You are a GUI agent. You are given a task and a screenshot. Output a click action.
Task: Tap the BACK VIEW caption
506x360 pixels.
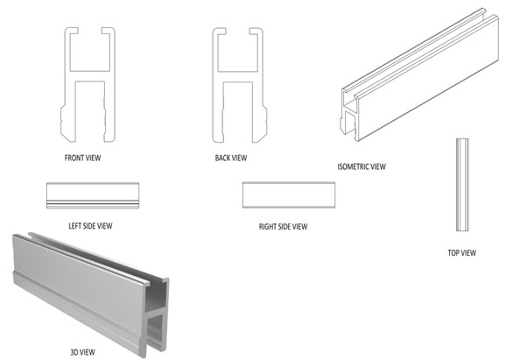coord(231,159)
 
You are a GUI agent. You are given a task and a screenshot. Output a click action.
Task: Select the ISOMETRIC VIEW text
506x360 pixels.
coord(362,166)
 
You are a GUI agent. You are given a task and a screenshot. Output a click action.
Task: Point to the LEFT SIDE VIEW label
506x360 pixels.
coord(90,226)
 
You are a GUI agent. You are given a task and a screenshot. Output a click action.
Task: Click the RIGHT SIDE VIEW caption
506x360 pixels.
coord(284,227)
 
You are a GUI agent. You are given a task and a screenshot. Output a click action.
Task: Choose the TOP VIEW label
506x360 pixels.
coord(461,253)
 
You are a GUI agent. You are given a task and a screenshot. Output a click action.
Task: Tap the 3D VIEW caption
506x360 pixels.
coord(83,351)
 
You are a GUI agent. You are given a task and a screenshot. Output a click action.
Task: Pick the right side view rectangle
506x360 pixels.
coord(288,195)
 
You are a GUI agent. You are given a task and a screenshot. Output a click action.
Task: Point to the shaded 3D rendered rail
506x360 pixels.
coord(88,280)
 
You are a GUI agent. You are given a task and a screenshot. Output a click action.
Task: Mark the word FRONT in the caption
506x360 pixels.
coord(75,159)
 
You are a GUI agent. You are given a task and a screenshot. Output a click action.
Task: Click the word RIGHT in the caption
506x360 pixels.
coord(269,227)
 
